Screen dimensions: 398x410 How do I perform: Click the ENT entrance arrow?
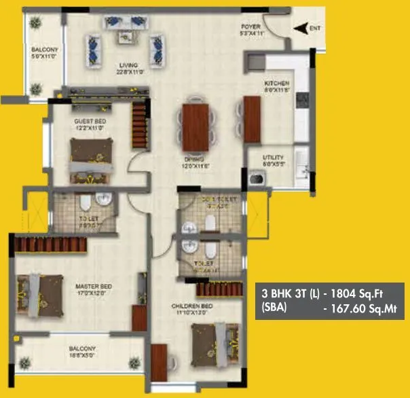[299, 28]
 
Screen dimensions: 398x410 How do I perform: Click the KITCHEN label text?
[276, 86]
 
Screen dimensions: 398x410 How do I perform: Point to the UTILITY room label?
[275, 160]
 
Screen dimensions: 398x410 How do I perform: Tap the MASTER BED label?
[94, 287]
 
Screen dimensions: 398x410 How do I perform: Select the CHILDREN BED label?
[191, 308]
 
